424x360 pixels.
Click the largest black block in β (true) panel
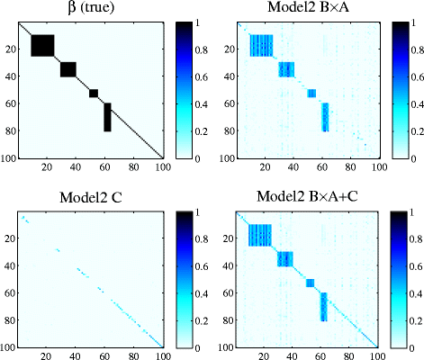point(43,46)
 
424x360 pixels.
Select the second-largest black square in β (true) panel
point(68,69)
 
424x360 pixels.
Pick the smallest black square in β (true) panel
point(94,93)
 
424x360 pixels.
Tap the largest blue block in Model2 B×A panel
point(261,46)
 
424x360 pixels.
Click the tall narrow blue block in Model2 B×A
point(326,117)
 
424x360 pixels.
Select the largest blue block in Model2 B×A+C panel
point(261,235)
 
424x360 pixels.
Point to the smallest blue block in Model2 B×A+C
point(311,283)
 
